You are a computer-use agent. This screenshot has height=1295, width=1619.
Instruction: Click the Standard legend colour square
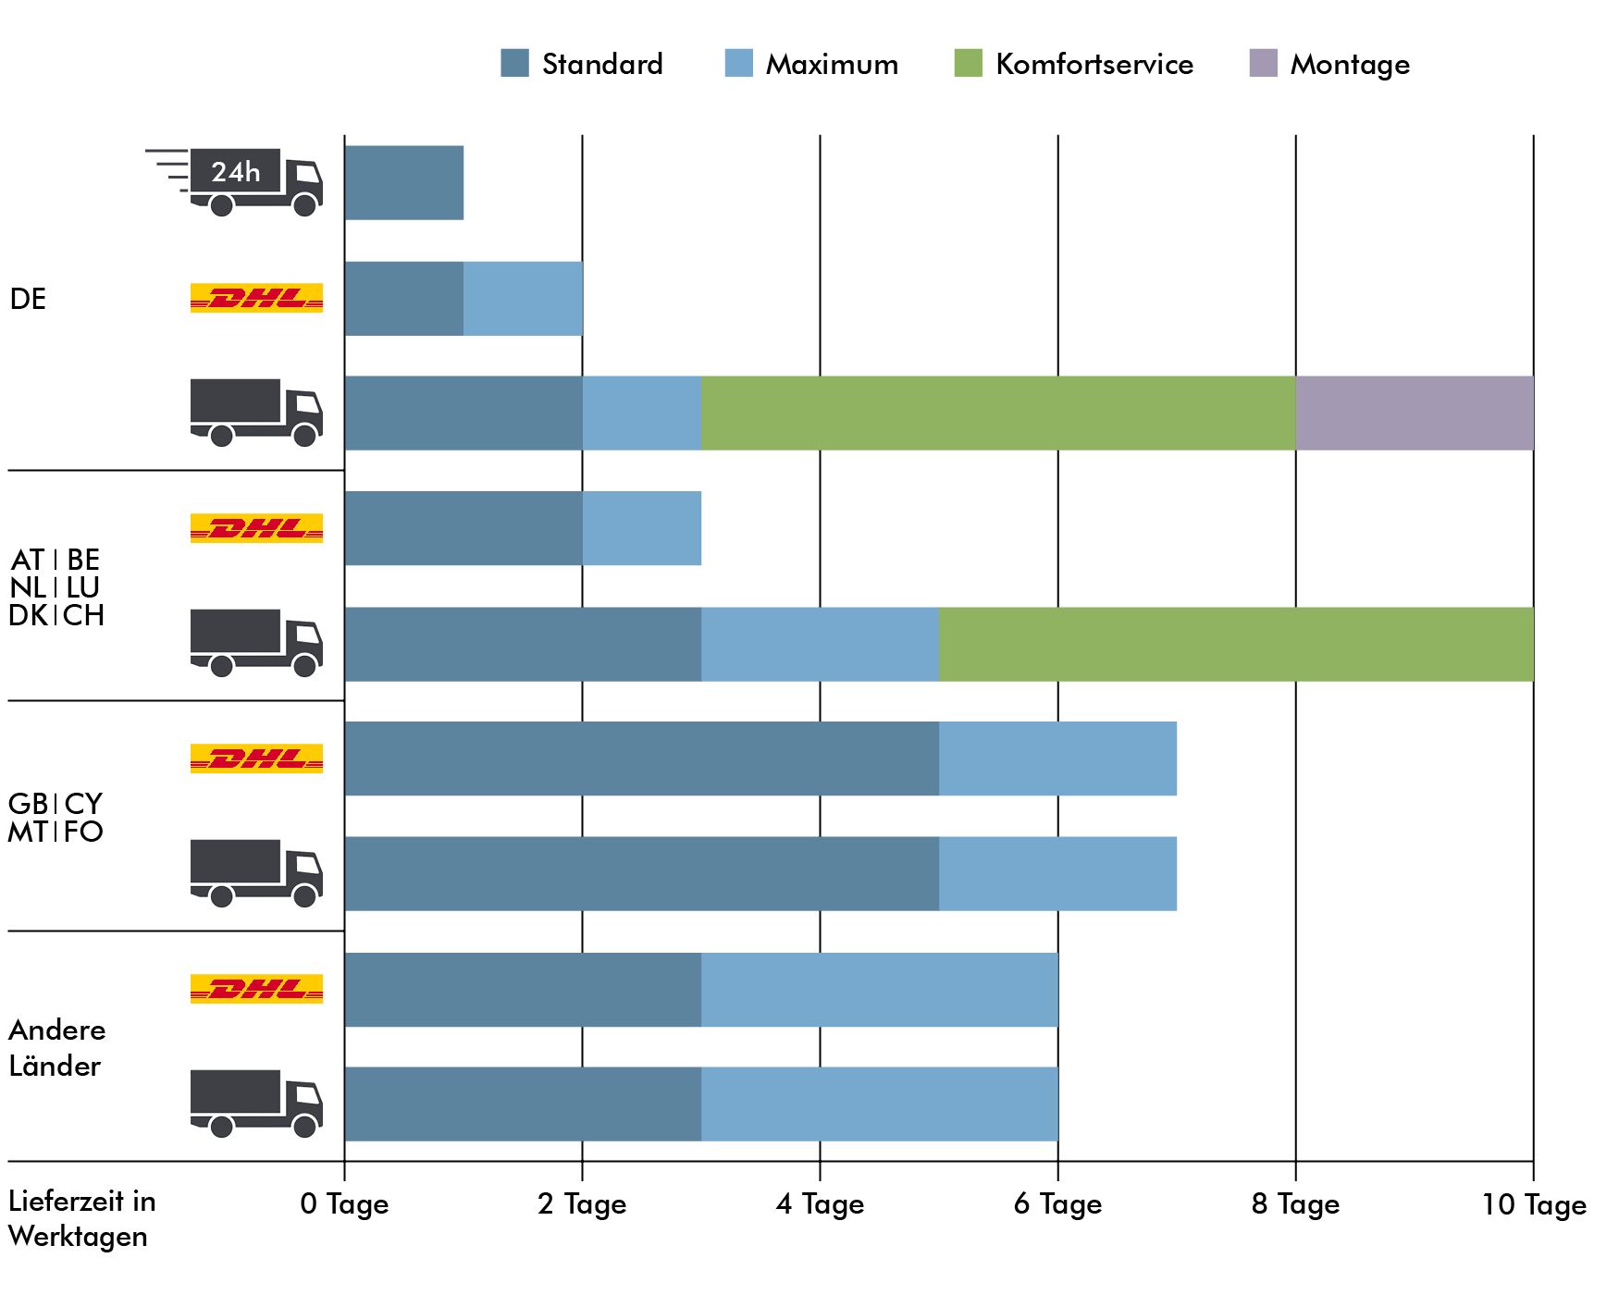click(x=514, y=63)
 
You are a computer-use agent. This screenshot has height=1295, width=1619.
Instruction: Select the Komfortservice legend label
click(x=1094, y=64)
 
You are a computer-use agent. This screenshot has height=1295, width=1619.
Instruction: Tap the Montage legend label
click(x=1350, y=65)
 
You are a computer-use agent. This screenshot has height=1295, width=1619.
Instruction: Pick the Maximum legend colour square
click(x=739, y=63)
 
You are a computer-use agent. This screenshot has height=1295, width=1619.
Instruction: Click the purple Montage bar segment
click(x=1415, y=413)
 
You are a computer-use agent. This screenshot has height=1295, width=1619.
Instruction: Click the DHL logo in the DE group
click(x=256, y=298)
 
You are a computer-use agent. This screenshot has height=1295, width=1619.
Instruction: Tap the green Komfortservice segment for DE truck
click(x=998, y=413)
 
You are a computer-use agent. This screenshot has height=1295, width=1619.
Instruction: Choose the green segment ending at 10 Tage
click(x=1236, y=644)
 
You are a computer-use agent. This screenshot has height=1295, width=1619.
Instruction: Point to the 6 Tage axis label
click(x=1057, y=1204)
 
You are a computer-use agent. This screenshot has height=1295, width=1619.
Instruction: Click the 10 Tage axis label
click(x=1534, y=1204)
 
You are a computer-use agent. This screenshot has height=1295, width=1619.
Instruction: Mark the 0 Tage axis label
click(x=344, y=1204)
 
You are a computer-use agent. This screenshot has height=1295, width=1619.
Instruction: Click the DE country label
click(x=28, y=299)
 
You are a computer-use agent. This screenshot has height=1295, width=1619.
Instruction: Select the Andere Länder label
click(x=56, y=1048)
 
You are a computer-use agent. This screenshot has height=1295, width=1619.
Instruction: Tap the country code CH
click(x=83, y=615)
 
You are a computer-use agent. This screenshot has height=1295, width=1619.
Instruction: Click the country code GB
click(x=28, y=803)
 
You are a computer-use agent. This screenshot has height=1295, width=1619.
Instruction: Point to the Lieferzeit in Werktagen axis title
click(x=81, y=1218)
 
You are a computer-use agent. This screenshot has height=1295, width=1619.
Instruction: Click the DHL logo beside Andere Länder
click(x=256, y=989)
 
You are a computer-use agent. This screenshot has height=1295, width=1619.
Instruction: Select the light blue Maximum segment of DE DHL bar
click(x=523, y=298)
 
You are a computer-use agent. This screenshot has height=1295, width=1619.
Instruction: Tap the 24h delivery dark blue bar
click(x=404, y=182)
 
